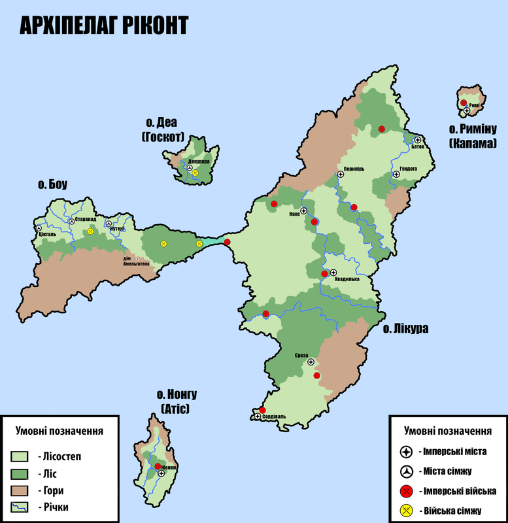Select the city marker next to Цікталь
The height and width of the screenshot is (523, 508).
pos(39,228)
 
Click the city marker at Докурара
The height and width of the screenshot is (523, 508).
pos(190,168)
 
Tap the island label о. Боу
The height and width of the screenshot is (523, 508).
pos(53,185)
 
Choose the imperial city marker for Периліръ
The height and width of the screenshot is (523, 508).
pos(340,174)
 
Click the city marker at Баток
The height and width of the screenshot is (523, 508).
pos(417,140)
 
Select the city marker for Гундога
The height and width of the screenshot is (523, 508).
pos(396,175)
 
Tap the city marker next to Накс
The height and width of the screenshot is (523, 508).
pos(303,211)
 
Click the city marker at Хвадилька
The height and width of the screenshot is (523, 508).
pos(333,273)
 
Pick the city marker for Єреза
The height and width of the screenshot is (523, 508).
pos(311,362)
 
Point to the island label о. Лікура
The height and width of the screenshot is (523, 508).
pos(406,329)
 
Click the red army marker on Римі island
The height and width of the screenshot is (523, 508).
pos(464,103)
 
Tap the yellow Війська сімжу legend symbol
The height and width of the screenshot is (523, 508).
pos(406,510)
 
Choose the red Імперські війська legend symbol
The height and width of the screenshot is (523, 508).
pos(406,490)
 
